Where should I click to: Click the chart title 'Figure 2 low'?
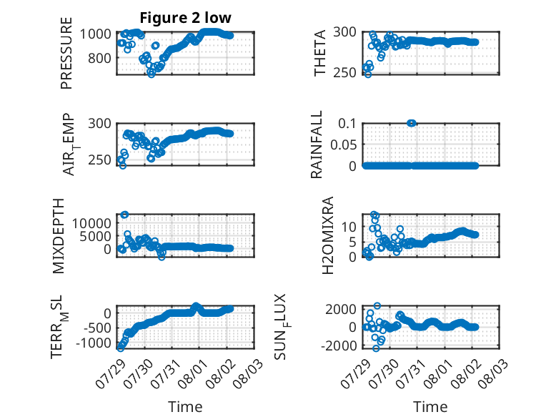(x=185, y=18)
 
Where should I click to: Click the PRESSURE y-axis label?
(x=66, y=53)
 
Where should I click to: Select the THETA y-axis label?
(x=320, y=53)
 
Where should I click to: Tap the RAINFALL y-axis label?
(x=317, y=144)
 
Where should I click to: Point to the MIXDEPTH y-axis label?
(x=59, y=236)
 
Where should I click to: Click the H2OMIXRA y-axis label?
(x=328, y=235)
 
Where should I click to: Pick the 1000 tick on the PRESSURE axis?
(x=95, y=34)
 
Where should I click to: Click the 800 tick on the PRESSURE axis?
(x=99, y=58)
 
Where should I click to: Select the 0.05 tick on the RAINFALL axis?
(x=343, y=144)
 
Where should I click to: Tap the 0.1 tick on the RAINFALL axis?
(x=347, y=124)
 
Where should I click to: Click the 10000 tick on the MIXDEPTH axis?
(x=92, y=223)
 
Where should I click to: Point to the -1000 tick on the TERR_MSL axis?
(x=93, y=343)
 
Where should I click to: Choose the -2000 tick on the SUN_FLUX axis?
(x=339, y=345)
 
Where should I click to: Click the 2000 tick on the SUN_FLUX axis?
(x=341, y=309)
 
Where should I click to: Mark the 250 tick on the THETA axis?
(x=344, y=72)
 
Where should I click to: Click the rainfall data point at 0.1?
(x=412, y=123)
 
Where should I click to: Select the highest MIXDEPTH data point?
(x=124, y=215)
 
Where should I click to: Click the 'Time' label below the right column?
(x=430, y=407)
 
